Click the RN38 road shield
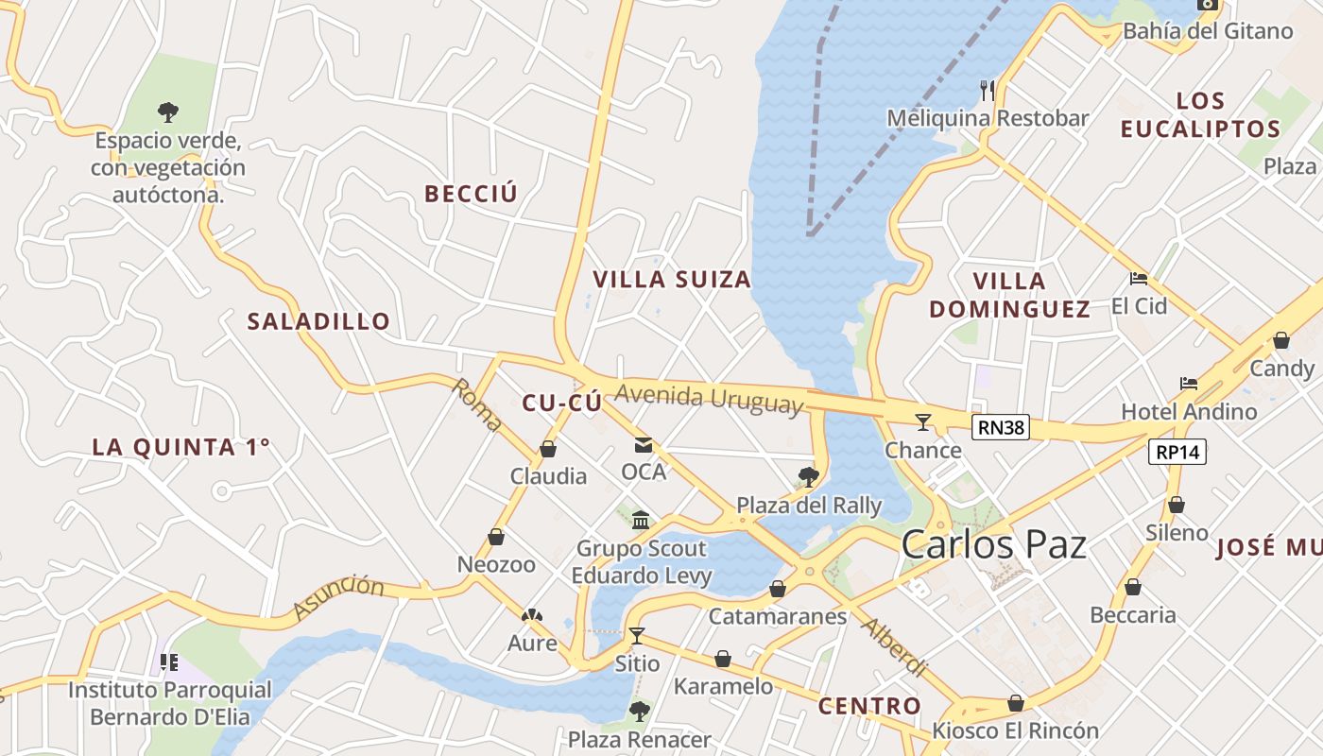click(x=1001, y=428)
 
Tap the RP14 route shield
click(x=1178, y=452)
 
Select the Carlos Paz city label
click(x=993, y=545)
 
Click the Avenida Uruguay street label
click(x=709, y=399)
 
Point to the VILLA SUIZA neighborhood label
click(x=672, y=279)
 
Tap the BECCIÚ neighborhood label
click(x=472, y=194)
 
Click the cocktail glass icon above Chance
click(x=923, y=421)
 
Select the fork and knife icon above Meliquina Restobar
click(x=988, y=91)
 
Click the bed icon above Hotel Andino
click(x=1189, y=384)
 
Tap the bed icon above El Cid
click(x=1139, y=279)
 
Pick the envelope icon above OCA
click(x=644, y=445)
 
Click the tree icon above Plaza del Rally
click(x=808, y=476)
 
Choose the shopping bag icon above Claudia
click(x=548, y=449)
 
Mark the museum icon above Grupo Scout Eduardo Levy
click(x=642, y=520)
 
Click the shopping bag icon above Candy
click(x=1281, y=340)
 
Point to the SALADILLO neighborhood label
click(x=318, y=321)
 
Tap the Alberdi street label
click(x=894, y=648)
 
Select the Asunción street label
click(x=338, y=597)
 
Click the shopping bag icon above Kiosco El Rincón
click(x=1016, y=703)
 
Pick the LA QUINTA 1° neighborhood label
click(x=180, y=447)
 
